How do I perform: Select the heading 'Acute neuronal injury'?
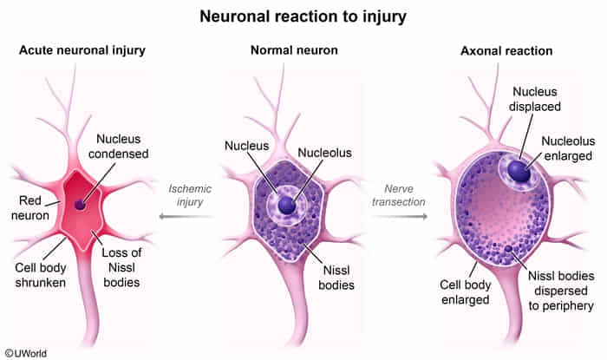coord(82,51)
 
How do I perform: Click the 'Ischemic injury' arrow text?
coord(190,195)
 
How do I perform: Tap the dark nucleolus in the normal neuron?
coord(287,205)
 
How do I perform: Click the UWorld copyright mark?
coord(26,353)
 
